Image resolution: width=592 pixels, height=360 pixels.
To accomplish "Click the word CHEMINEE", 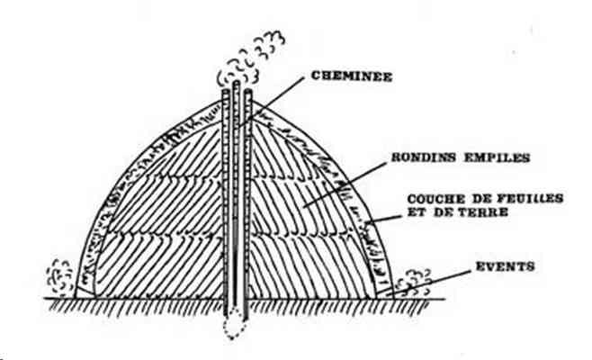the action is click(352, 76).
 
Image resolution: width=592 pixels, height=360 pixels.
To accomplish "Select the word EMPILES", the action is click(497, 157).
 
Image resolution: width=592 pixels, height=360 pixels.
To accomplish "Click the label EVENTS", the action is click(505, 266).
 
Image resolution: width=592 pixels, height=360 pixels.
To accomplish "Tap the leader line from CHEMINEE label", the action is click(271, 102).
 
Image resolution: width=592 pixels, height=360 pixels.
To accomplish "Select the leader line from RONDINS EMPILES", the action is click(345, 184).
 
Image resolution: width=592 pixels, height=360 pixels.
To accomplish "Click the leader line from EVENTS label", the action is click(429, 283).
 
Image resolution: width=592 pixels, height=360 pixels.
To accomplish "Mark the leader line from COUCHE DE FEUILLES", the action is click(383, 219).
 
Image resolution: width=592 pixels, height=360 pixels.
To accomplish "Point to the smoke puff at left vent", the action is click(59, 278).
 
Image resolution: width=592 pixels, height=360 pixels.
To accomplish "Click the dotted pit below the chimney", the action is click(233, 324).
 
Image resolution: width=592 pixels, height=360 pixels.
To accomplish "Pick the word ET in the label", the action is click(417, 212).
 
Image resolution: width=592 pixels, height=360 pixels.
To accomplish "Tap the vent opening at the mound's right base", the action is click(384, 292).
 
